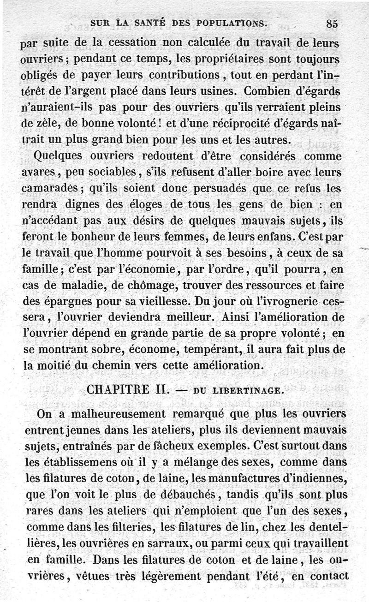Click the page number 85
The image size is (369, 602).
tap(332, 23)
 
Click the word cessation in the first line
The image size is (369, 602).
tap(133, 42)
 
